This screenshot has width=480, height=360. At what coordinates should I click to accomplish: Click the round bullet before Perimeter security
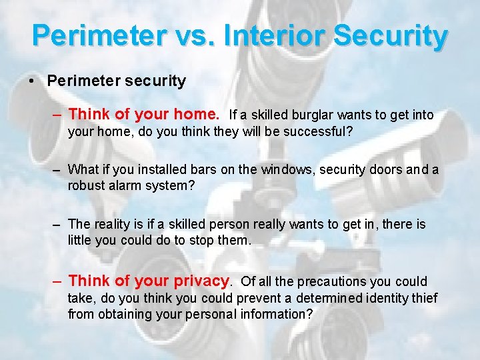click(x=31, y=82)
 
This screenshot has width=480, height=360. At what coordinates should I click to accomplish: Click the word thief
click(x=424, y=298)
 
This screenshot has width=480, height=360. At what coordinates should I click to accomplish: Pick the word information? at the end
click(x=273, y=313)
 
